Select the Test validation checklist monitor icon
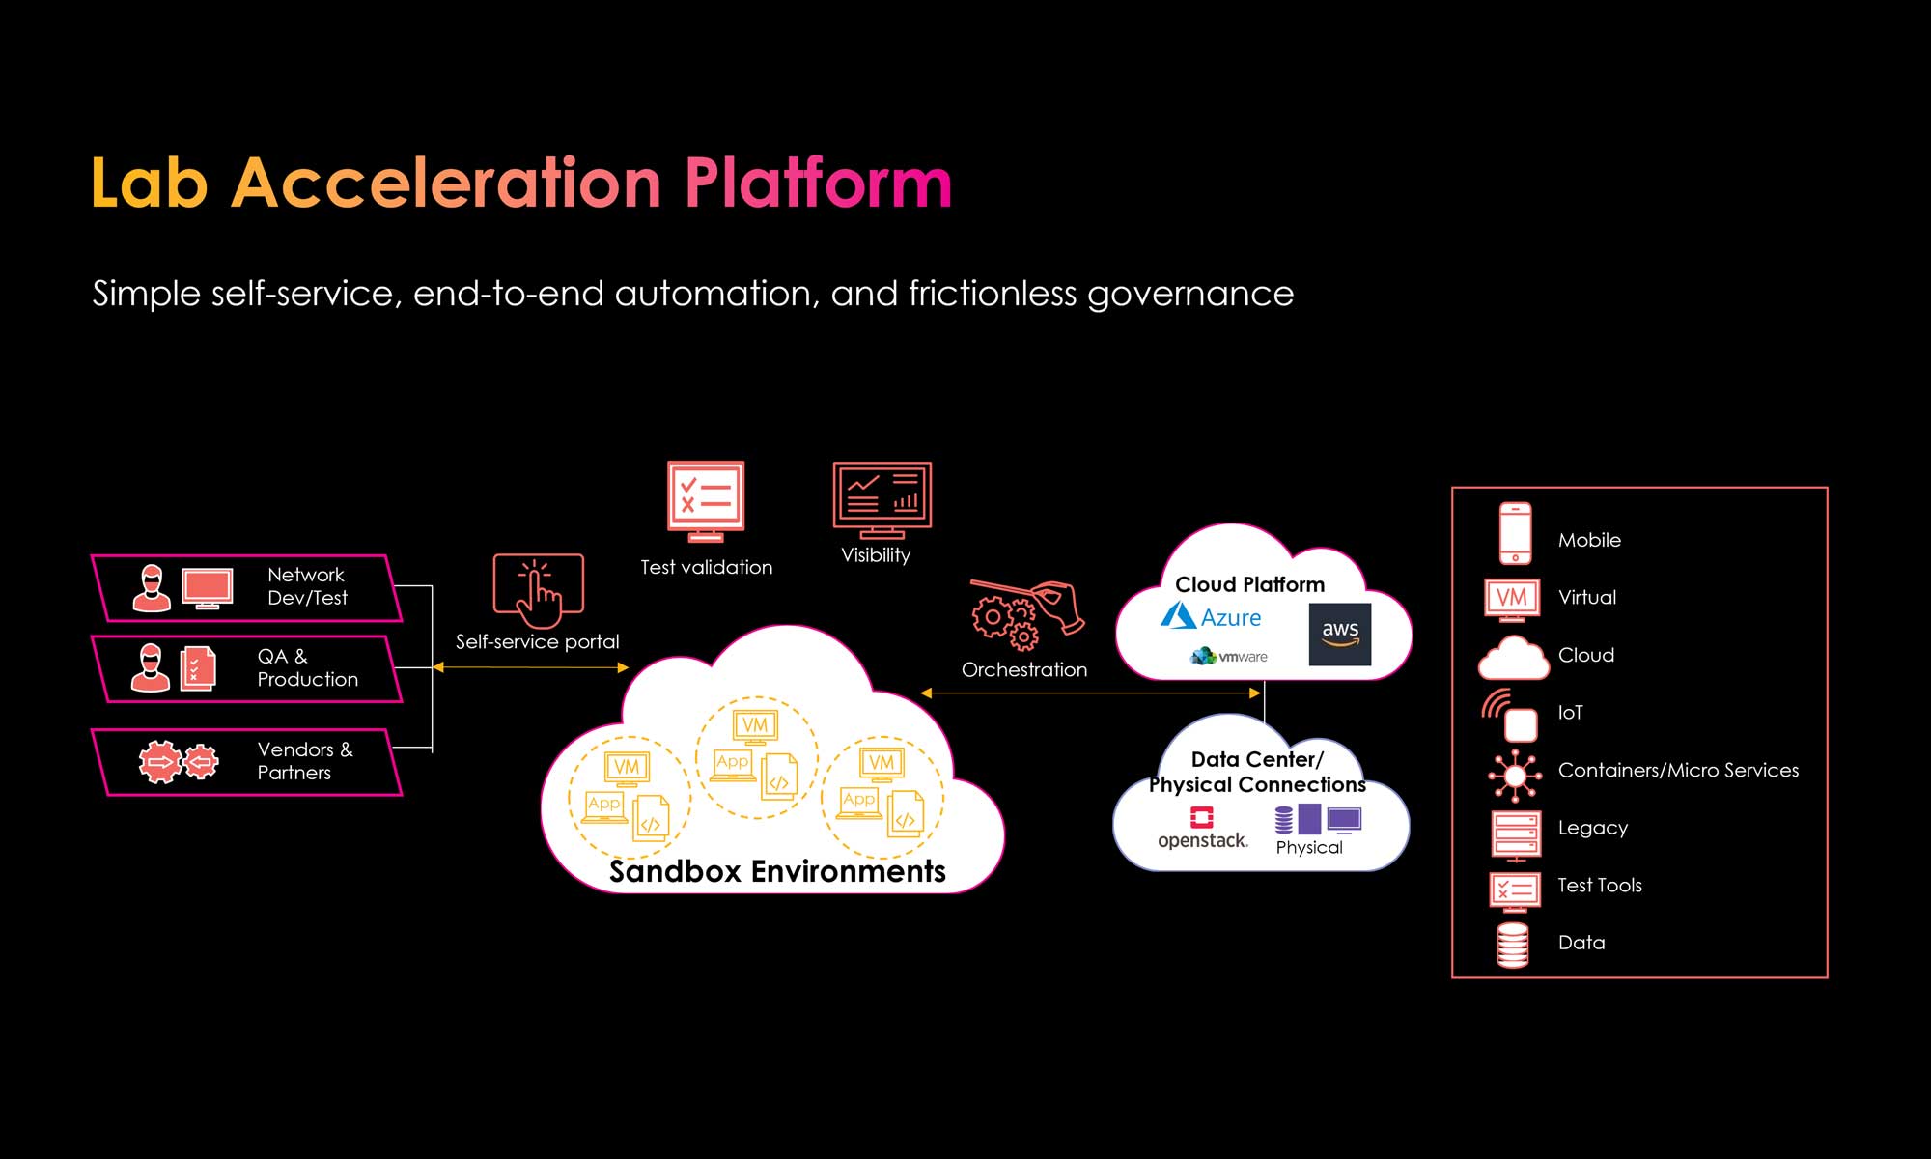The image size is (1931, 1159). pos(706,500)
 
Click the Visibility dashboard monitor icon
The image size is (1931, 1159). pos(882,499)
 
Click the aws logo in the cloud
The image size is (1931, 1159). pos(1339,634)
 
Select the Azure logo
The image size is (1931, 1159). pos(1211,617)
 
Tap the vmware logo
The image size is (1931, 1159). pos(1229,657)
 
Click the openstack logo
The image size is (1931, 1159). pos(1202,830)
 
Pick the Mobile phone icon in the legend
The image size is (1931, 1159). pos(1515,533)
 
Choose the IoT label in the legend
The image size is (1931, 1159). pos(1570,713)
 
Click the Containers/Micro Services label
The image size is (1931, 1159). pos(1678,770)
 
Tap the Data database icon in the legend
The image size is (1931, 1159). pos(1512,944)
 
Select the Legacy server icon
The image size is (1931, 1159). pos(1515,834)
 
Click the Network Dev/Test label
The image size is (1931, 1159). pos(307,586)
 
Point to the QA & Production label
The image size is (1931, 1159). pos(307,667)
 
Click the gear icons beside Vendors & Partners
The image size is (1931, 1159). pos(179,762)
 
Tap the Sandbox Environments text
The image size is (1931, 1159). pos(777,871)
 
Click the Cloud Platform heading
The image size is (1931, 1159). pos(1249,584)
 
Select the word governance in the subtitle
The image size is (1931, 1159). pos(1189,294)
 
